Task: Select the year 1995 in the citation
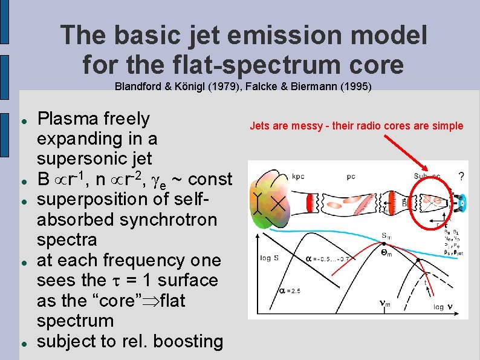tap(355, 87)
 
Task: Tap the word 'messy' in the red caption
tap(310, 126)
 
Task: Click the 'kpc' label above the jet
tap(298, 177)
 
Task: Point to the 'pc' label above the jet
tap(351, 177)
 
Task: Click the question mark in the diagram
tap(461, 176)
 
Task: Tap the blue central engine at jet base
tap(461, 201)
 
